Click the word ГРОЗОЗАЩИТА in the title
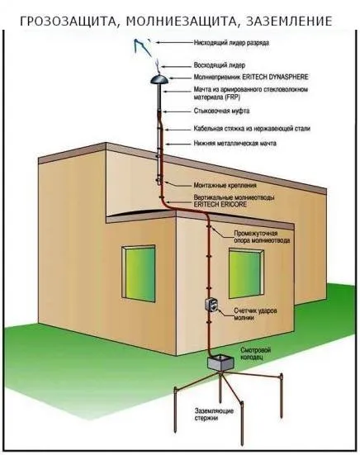[x=69, y=21]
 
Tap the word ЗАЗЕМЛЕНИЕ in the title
[x=289, y=21]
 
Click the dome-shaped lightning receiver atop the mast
[x=159, y=79]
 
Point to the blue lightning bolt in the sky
[x=142, y=47]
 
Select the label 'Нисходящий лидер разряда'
[x=231, y=43]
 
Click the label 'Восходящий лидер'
[x=220, y=65]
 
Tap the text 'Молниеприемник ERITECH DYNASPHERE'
[x=251, y=77]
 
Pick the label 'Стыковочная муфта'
[x=221, y=111]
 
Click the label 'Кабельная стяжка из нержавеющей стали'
[x=252, y=128]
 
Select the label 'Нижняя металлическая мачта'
[x=235, y=143]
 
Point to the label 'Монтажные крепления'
[x=225, y=185]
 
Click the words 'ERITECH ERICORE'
[x=220, y=204]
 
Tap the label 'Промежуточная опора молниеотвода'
[x=262, y=237]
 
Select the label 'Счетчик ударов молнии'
[x=255, y=314]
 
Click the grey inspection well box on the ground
[x=220, y=363]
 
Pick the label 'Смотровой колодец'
[x=252, y=353]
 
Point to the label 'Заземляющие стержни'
[x=214, y=415]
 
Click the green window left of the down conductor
[x=139, y=273]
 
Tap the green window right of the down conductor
[x=246, y=273]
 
